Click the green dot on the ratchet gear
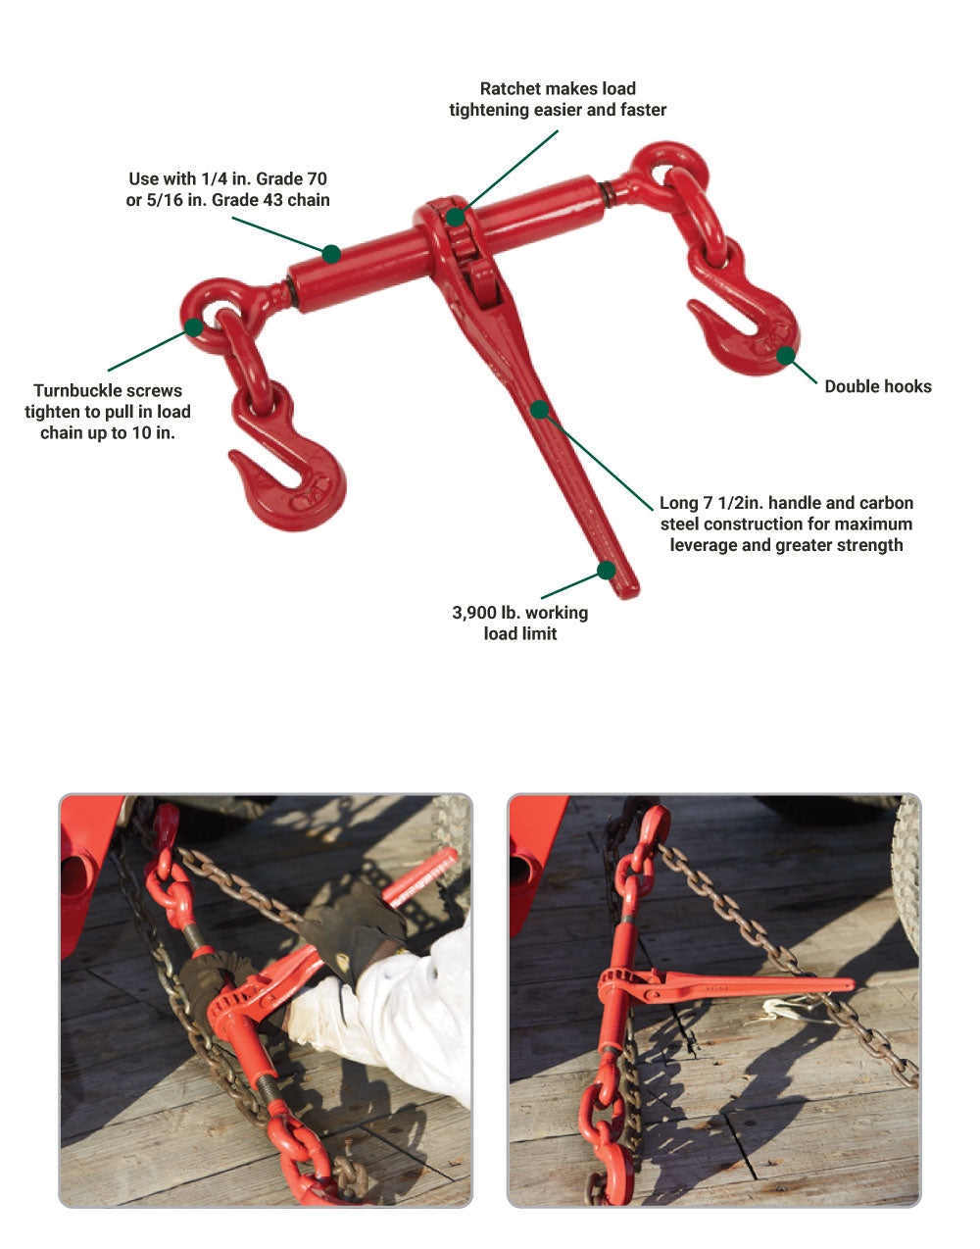tap(455, 217)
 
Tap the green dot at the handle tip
tap(607, 571)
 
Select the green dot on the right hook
tap(786, 355)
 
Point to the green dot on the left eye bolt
tap(194, 327)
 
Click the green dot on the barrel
tap(331, 254)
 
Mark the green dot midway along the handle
tap(539, 409)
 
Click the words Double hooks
tap(878, 386)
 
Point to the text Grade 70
tap(291, 178)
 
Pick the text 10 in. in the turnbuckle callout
tap(154, 432)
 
